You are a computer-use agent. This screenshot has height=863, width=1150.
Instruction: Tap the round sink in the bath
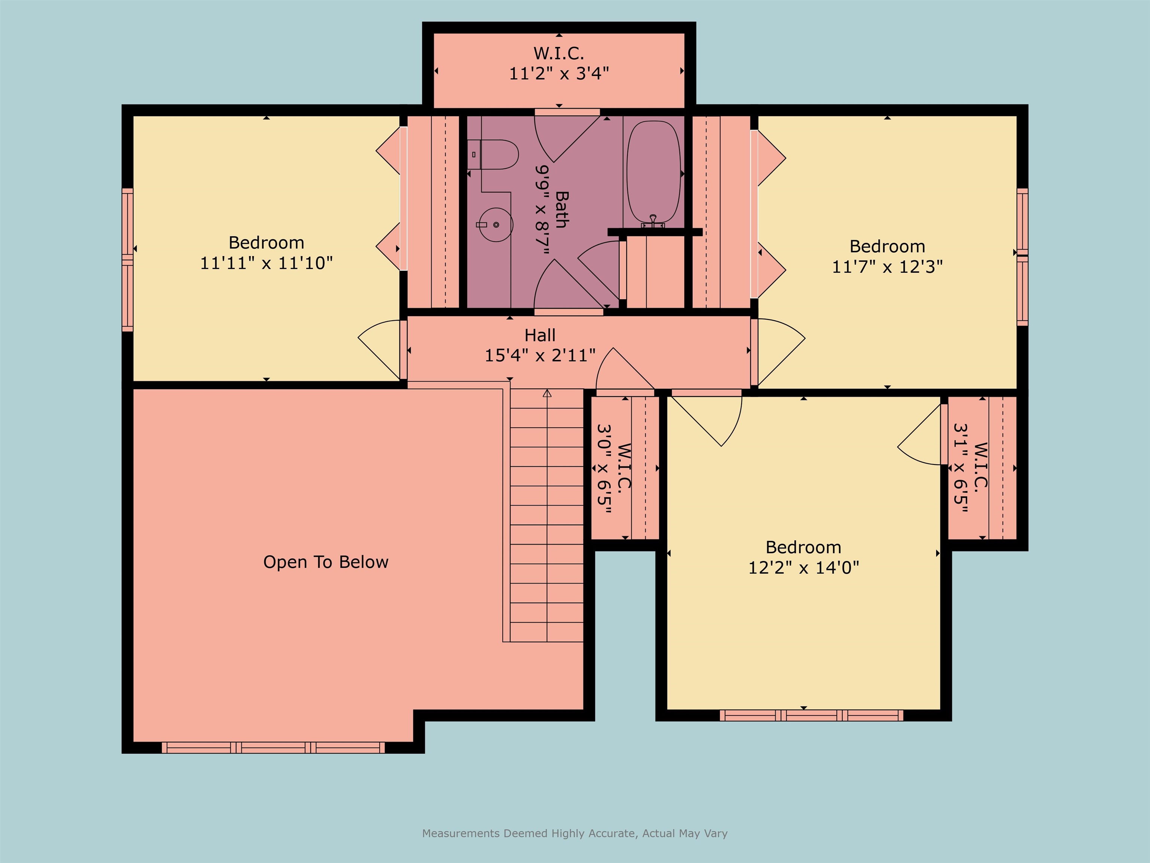(496, 225)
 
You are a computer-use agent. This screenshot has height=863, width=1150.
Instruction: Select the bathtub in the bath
(654, 173)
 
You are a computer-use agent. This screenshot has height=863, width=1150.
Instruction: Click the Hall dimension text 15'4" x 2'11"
(540, 355)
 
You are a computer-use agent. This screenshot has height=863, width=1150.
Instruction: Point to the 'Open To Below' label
(326, 562)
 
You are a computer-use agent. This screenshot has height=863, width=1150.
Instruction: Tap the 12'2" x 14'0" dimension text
(803, 567)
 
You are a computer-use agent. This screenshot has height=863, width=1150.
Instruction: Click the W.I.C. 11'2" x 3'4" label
(559, 63)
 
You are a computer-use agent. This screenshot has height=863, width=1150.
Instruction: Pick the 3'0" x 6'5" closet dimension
(603, 468)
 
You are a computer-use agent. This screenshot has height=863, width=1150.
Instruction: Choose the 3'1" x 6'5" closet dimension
(960, 468)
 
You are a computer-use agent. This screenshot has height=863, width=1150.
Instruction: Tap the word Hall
(540, 335)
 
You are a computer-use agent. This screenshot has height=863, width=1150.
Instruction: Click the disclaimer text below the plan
(575, 833)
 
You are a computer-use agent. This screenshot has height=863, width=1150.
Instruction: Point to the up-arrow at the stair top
(547, 393)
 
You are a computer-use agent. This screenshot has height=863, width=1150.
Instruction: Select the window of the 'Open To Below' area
(274, 748)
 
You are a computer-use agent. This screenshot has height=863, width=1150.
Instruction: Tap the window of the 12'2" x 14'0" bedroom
(812, 715)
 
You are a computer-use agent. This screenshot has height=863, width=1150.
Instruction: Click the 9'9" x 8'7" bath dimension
(543, 210)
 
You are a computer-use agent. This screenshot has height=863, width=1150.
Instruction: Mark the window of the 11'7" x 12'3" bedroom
(1022, 257)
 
